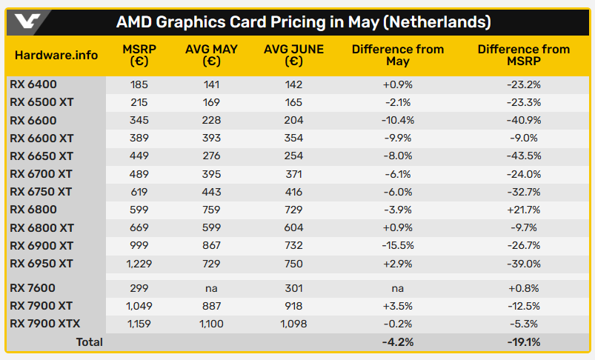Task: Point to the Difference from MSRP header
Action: coord(523,56)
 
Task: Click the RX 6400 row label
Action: coord(33,84)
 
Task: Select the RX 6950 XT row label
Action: coord(41,264)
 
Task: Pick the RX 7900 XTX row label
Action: coord(44,323)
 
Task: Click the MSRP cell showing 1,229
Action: coord(139,264)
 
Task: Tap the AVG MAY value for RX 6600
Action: coord(211,120)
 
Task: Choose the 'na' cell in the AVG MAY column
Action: coord(211,287)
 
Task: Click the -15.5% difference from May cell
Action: coord(398,246)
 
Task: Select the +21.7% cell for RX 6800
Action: coord(523,210)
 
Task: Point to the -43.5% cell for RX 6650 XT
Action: coord(523,156)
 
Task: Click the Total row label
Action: coord(89,342)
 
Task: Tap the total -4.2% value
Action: coord(398,342)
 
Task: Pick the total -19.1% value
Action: coord(523,342)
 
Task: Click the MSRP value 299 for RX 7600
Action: coord(139,287)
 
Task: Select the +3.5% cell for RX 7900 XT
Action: coord(398,305)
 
